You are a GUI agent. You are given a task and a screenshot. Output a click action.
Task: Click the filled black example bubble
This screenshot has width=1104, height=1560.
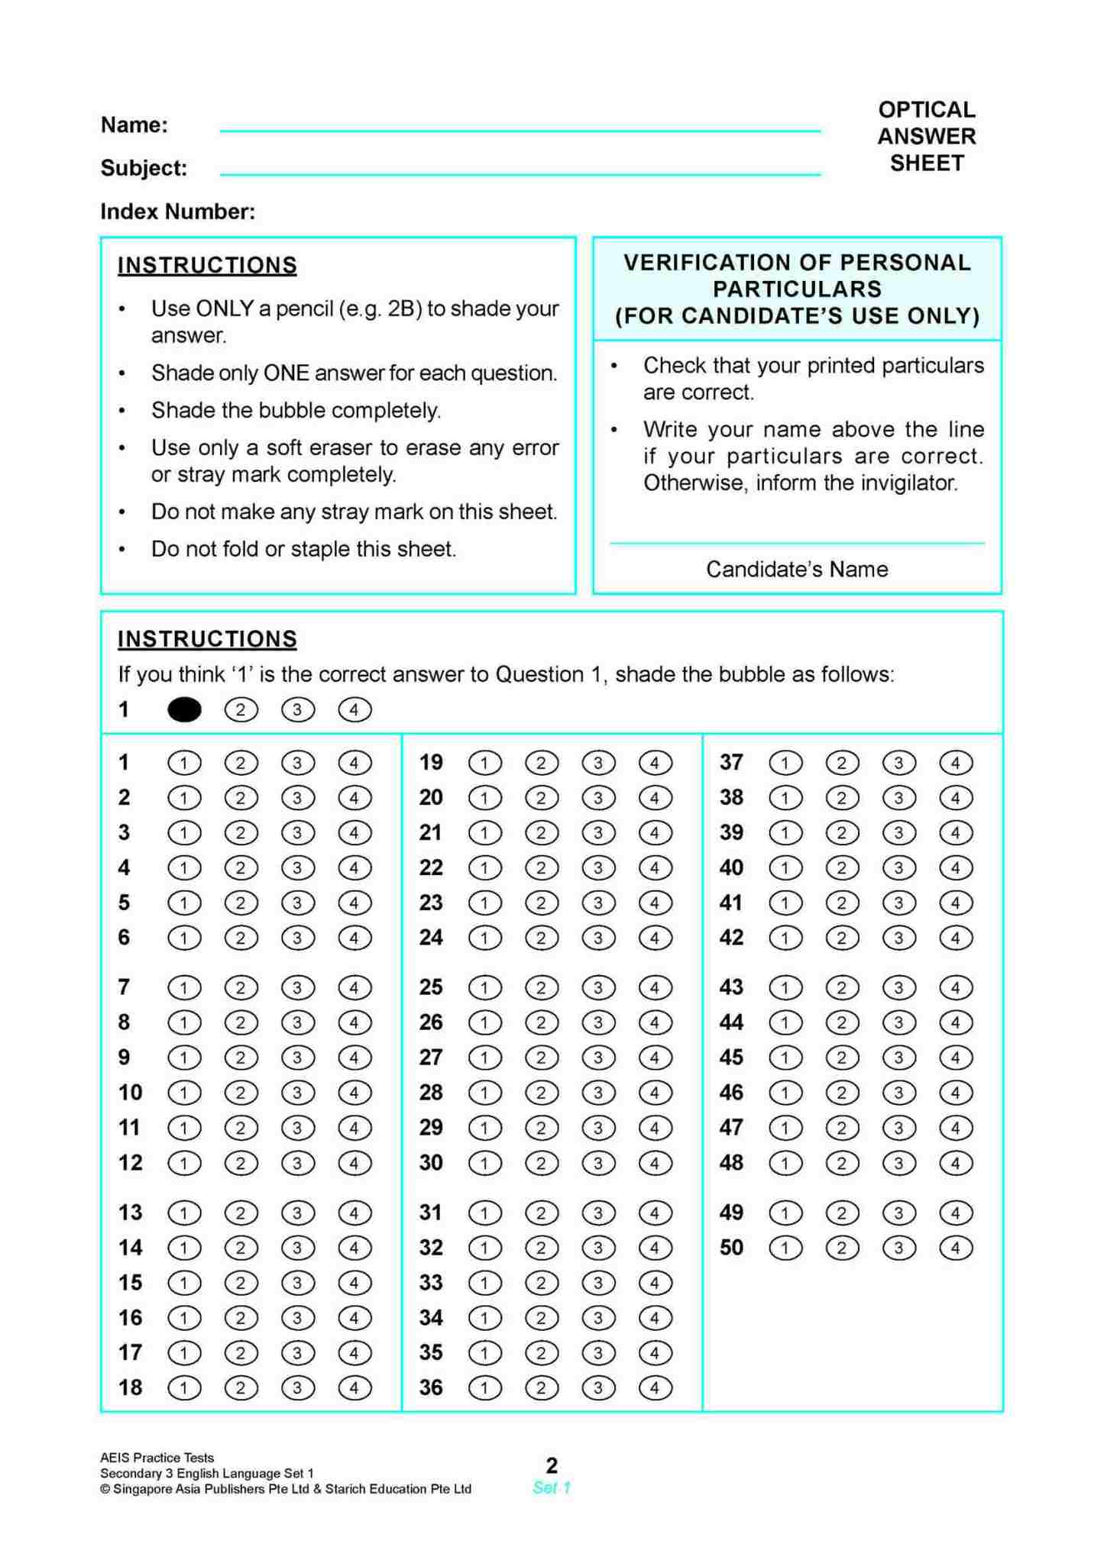(x=184, y=710)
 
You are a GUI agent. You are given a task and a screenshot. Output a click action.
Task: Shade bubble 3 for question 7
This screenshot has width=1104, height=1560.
(x=297, y=988)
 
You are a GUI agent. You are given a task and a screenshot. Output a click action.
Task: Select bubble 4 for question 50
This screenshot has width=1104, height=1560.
(x=955, y=1248)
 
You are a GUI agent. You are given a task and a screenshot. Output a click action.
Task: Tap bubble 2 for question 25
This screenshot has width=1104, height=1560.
(x=541, y=988)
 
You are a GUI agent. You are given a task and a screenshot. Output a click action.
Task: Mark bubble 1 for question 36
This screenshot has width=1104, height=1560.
(x=484, y=1388)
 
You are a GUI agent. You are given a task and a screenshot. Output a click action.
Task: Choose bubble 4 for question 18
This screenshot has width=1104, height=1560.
(x=355, y=1388)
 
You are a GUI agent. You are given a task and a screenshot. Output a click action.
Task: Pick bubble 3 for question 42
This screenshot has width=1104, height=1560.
(x=898, y=938)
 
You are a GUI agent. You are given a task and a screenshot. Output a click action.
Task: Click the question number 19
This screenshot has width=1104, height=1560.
(x=431, y=763)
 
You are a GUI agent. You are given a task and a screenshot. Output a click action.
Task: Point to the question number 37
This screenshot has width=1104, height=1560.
(x=731, y=763)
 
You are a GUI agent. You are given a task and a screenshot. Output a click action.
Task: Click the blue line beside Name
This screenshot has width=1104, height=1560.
(x=520, y=131)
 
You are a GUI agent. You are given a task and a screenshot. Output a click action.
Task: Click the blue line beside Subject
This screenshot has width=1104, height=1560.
(x=520, y=175)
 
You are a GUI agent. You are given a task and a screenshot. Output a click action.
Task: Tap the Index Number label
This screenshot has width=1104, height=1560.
(x=177, y=212)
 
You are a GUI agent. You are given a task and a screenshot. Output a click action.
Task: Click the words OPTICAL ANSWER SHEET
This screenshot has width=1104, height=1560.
(x=926, y=137)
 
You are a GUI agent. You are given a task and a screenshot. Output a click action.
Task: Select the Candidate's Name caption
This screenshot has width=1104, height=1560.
(x=796, y=570)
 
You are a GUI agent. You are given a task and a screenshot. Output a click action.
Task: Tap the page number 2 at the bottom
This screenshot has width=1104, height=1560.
(x=552, y=1465)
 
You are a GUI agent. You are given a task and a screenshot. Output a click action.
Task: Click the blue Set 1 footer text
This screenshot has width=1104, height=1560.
(x=552, y=1487)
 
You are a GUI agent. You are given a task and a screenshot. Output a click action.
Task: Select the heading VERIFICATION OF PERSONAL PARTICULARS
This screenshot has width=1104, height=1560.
(x=796, y=276)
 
